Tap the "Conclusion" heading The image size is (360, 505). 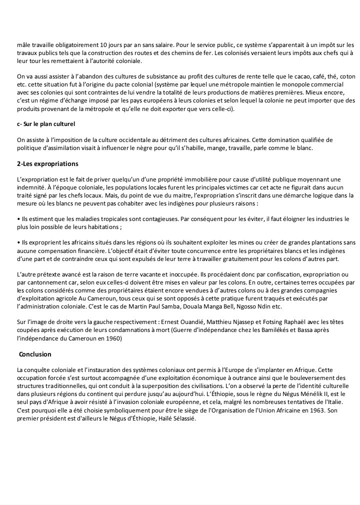[35, 354]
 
